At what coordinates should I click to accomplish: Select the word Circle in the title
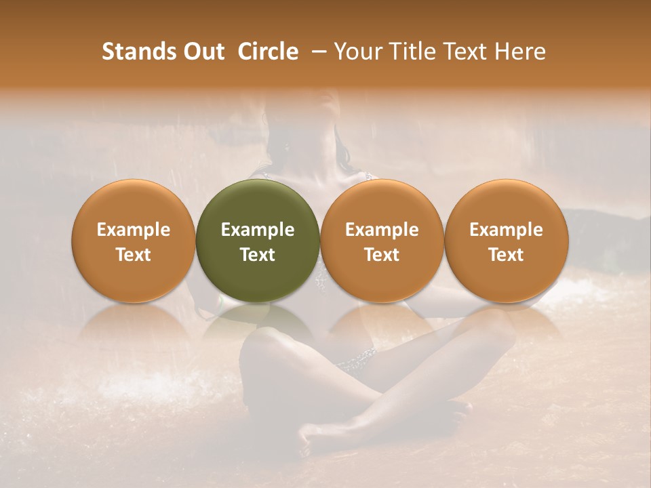(268, 52)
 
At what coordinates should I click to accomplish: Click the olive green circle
(258, 241)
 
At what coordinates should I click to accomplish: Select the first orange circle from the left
(134, 241)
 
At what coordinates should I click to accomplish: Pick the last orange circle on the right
(507, 241)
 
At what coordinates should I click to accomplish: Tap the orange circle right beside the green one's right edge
(382, 241)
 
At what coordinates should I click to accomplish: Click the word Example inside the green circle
(258, 230)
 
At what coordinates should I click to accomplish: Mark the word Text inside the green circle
(258, 255)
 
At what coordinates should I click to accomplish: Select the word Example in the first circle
(134, 230)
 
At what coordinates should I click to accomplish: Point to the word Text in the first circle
(134, 255)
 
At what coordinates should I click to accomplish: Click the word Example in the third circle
(382, 230)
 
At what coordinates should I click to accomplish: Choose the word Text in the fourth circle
(507, 255)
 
